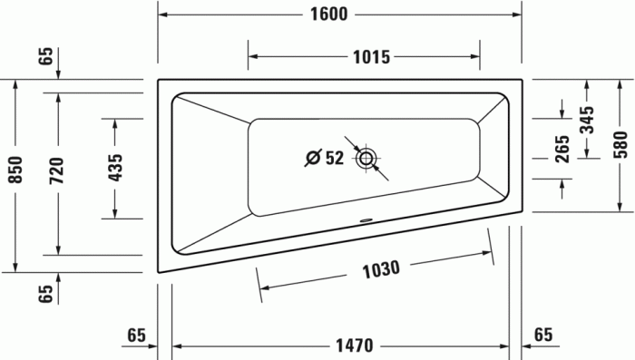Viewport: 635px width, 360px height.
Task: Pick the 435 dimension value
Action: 115,168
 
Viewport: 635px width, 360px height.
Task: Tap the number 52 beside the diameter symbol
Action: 334,159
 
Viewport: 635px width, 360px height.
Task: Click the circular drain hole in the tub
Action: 366,159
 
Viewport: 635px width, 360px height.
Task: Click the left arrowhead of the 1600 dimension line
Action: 163,15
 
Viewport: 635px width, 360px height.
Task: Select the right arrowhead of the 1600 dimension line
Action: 517,15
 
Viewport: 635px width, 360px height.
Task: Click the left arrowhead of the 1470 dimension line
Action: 178,345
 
